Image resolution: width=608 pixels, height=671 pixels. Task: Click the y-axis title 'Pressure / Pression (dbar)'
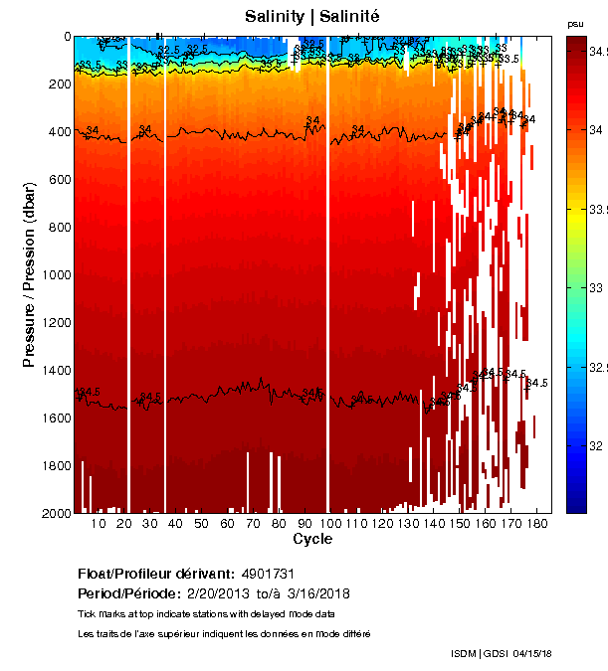30,275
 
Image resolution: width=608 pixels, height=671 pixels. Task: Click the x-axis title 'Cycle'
312,540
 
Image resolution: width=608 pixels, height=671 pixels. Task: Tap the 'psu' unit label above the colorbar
574,24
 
